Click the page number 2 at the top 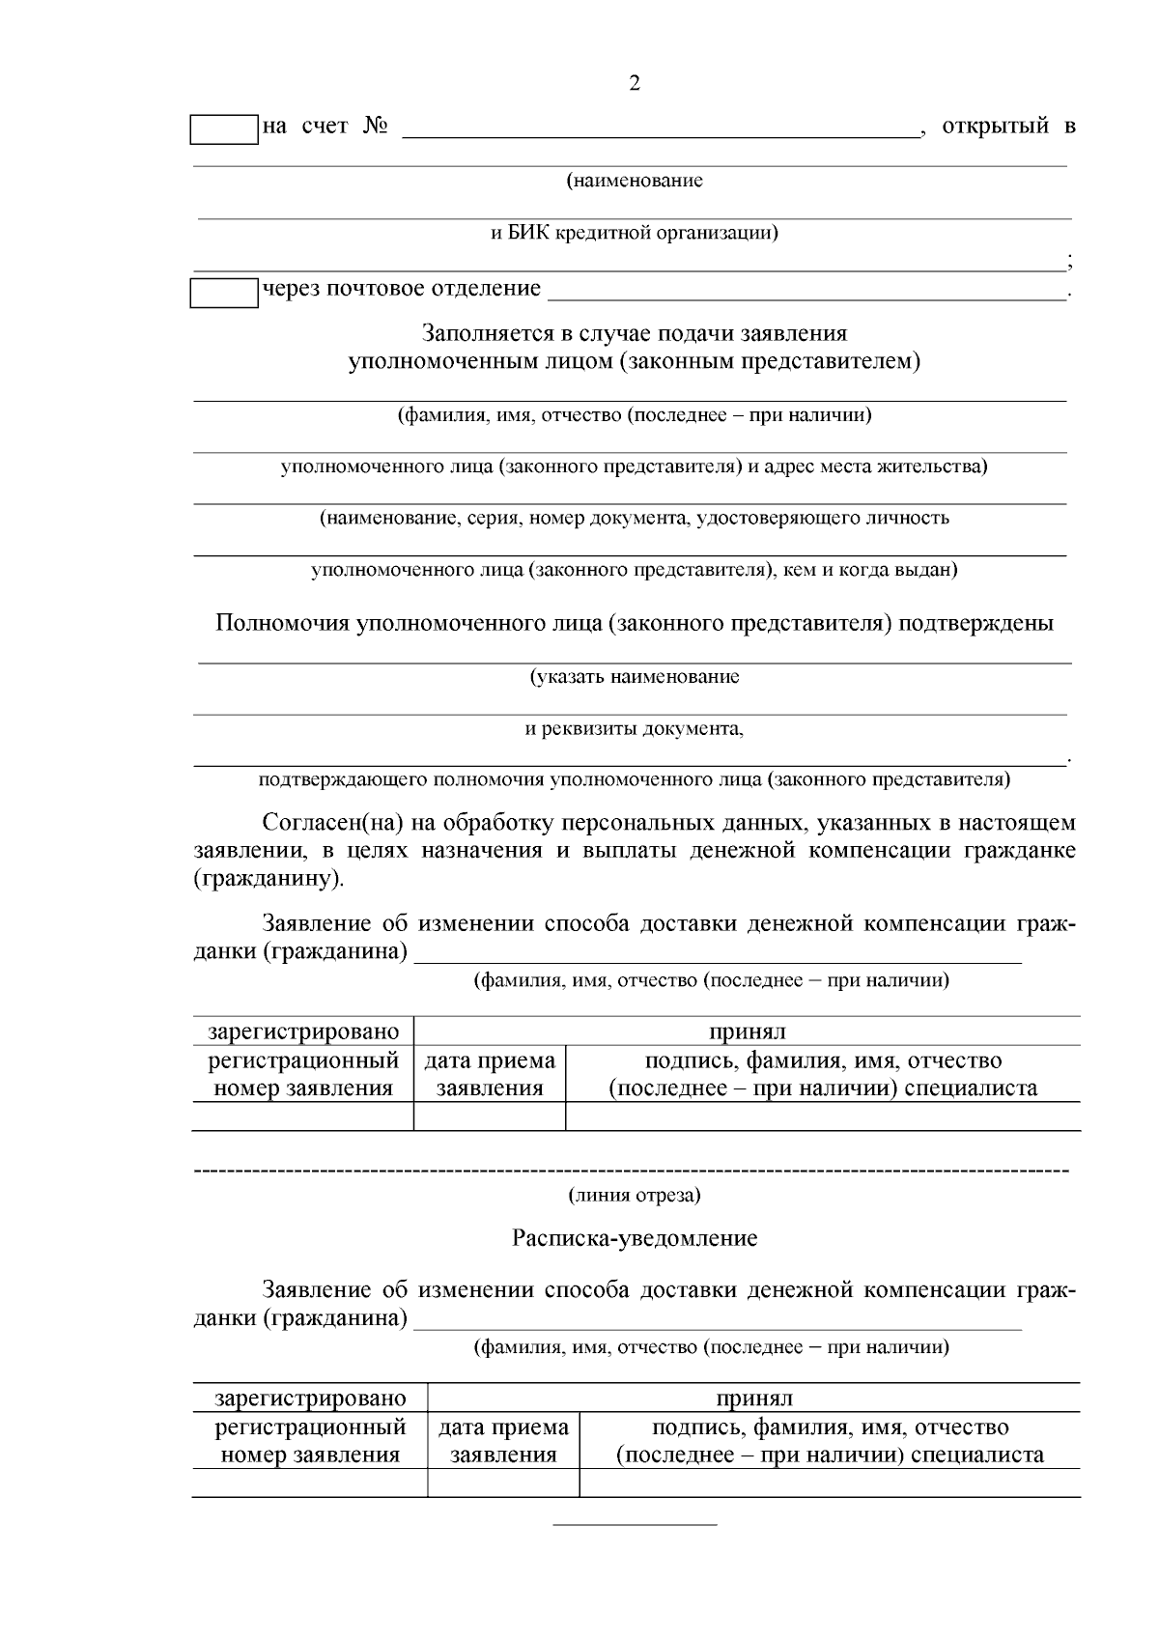click(635, 84)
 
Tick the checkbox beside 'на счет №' click(224, 129)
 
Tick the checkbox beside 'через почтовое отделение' click(224, 293)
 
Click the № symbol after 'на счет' click(376, 127)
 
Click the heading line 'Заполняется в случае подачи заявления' click(635, 334)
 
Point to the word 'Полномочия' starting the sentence click(282, 624)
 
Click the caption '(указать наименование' click(635, 677)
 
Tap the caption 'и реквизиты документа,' click(635, 728)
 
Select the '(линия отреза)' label click(635, 1196)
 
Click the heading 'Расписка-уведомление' click(635, 1239)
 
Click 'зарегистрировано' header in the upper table click(303, 1032)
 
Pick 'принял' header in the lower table click(753, 1399)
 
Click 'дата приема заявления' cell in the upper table click(490, 1075)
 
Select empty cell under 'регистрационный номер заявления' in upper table click(303, 1117)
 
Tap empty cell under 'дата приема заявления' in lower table click(503, 1484)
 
